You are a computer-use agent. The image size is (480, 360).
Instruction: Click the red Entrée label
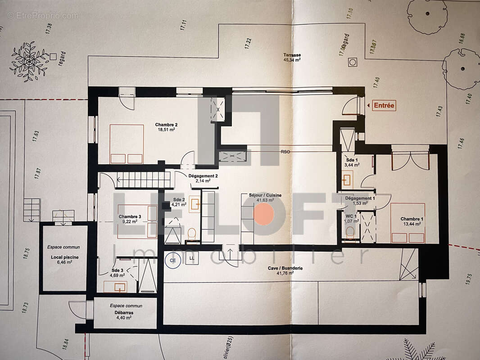tap(384, 106)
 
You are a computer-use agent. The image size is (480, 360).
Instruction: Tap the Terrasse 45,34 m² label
tap(292, 57)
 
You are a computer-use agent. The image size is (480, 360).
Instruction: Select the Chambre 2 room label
tap(166, 127)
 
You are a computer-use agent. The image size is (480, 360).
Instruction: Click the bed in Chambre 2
tap(127, 144)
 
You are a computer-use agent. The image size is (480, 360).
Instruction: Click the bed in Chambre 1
tap(408, 223)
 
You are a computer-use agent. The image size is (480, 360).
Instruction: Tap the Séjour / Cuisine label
tap(265, 198)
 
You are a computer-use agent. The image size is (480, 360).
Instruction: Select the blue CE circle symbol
tap(172, 260)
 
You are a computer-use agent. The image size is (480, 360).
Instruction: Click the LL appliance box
tap(192, 258)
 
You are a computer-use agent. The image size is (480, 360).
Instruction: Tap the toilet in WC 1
tap(350, 232)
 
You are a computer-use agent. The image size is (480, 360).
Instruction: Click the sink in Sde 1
tap(347, 180)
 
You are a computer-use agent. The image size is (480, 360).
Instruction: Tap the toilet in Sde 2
tap(192, 233)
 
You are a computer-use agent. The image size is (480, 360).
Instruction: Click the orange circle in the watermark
tap(264, 214)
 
